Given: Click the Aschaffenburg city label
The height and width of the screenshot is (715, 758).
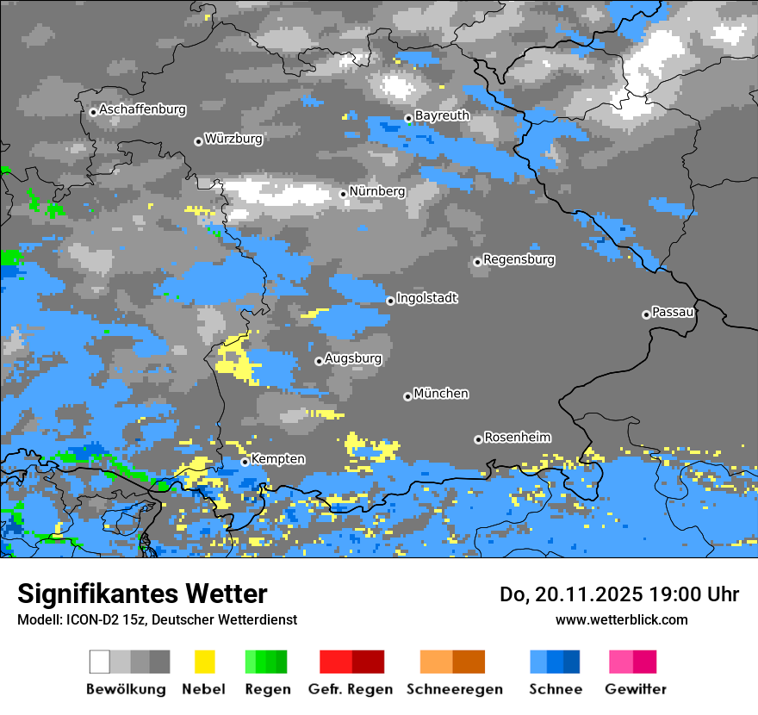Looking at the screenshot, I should pyautogui.click(x=142, y=109).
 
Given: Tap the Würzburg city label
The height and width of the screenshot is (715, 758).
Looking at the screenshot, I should pyautogui.click(x=233, y=139).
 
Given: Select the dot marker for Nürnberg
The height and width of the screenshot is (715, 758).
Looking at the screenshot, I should pyautogui.click(x=343, y=194).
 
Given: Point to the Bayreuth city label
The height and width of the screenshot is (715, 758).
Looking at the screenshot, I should pyautogui.click(x=442, y=115).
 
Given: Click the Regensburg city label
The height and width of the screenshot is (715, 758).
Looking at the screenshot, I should pyautogui.click(x=519, y=259).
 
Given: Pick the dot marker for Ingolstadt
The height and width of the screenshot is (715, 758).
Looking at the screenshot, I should pyautogui.click(x=390, y=301).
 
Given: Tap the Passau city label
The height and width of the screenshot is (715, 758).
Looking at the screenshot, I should pyautogui.click(x=673, y=312).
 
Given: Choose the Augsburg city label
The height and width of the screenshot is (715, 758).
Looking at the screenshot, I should pyautogui.click(x=352, y=358).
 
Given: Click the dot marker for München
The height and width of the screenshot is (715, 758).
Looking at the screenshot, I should pyautogui.click(x=407, y=396).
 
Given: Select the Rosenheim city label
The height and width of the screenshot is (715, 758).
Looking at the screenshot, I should pyautogui.click(x=517, y=438).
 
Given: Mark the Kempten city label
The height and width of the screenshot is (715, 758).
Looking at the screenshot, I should pyautogui.click(x=277, y=459).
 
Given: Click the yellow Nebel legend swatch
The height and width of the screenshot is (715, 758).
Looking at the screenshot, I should pyautogui.click(x=204, y=662).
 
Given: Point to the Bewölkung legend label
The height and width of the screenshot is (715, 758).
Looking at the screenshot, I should pyautogui.click(x=126, y=689).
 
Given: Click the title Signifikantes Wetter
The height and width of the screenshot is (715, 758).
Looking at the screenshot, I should pyautogui.click(x=142, y=594).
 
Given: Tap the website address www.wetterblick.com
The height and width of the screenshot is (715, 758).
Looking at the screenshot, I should pyautogui.click(x=621, y=619).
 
